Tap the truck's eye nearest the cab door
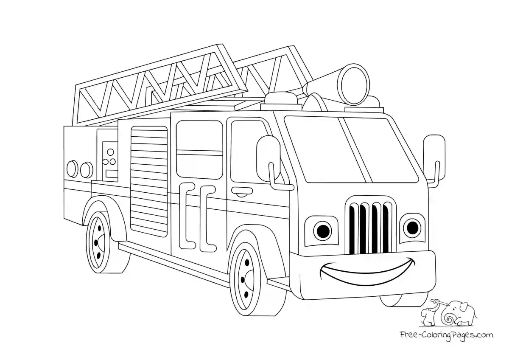(x=323, y=230)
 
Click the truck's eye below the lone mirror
(x=411, y=228)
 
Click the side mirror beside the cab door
(x=268, y=157)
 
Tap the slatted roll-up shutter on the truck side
(x=149, y=180)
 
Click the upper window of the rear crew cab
(x=199, y=135)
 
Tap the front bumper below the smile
(x=369, y=289)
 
